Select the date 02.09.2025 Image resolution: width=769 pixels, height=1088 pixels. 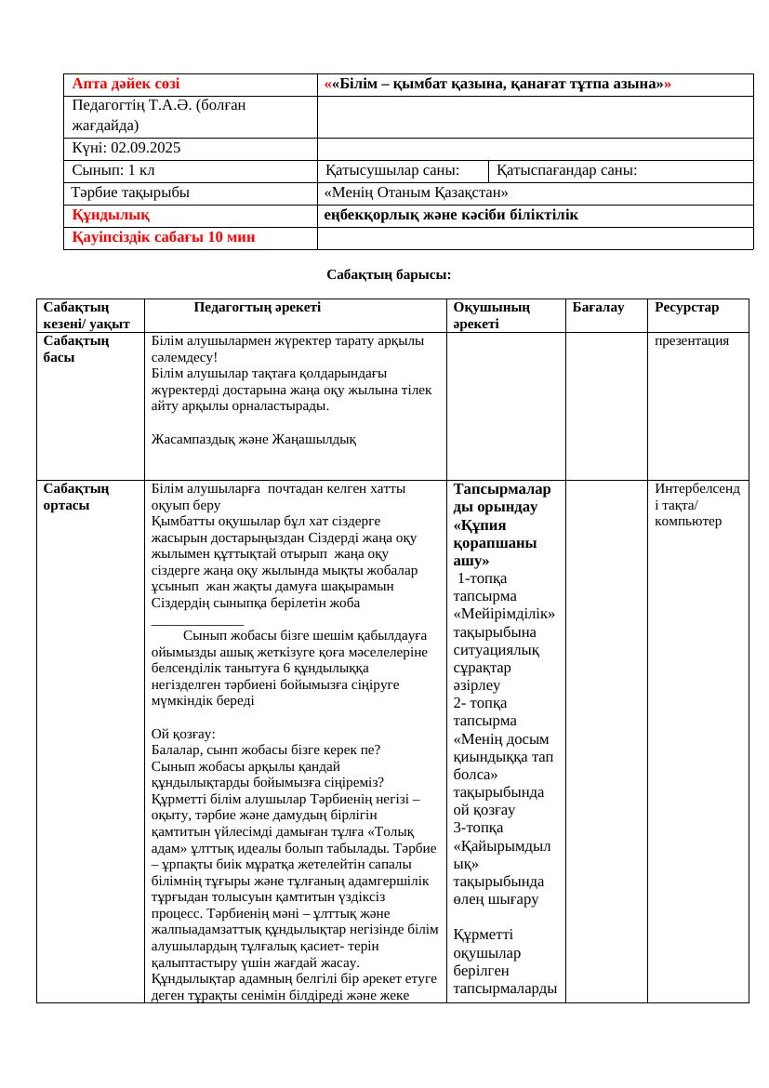click(x=146, y=148)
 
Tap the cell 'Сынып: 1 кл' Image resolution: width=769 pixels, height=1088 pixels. click(x=113, y=170)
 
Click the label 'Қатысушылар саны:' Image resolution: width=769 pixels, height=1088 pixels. click(x=391, y=170)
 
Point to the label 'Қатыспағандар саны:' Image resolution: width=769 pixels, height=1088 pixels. click(x=567, y=170)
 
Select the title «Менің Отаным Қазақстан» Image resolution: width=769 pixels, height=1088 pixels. click(x=416, y=192)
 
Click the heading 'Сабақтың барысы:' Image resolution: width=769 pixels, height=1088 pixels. click(x=389, y=274)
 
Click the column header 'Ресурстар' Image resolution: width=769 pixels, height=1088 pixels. click(x=686, y=307)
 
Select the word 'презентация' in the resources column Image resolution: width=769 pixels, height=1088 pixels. click(x=691, y=340)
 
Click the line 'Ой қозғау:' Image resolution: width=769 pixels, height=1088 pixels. click(x=183, y=734)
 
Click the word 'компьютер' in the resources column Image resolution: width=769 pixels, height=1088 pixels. click(x=688, y=521)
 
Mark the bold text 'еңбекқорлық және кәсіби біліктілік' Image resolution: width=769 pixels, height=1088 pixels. click(x=451, y=215)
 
